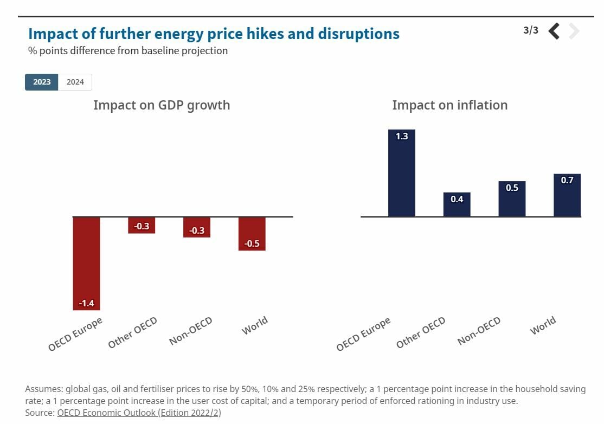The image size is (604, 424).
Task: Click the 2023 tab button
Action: (x=42, y=82)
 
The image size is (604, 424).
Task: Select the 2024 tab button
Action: (x=75, y=82)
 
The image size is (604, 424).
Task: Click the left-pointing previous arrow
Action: (x=554, y=31)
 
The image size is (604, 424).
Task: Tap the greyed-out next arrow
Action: (x=574, y=31)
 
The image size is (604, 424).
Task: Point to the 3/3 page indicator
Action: (x=531, y=30)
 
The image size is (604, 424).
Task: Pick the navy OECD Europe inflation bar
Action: (x=402, y=174)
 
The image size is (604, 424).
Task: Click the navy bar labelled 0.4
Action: (x=457, y=204)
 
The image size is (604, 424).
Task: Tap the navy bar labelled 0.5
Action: (x=512, y=199)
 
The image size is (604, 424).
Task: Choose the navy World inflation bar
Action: (x=567, y=195)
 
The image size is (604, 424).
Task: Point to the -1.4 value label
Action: (x=86, y=303)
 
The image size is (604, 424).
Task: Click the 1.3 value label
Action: (x=402, y=137)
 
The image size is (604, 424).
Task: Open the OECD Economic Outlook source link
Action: (x=139, y=413)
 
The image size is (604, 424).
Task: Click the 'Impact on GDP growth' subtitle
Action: (x=162, y=105)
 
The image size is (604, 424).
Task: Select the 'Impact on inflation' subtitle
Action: (x=450, y=105)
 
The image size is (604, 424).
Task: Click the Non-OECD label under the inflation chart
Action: (x=479, y=331)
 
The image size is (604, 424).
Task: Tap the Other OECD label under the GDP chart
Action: (x=133, y=333)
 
